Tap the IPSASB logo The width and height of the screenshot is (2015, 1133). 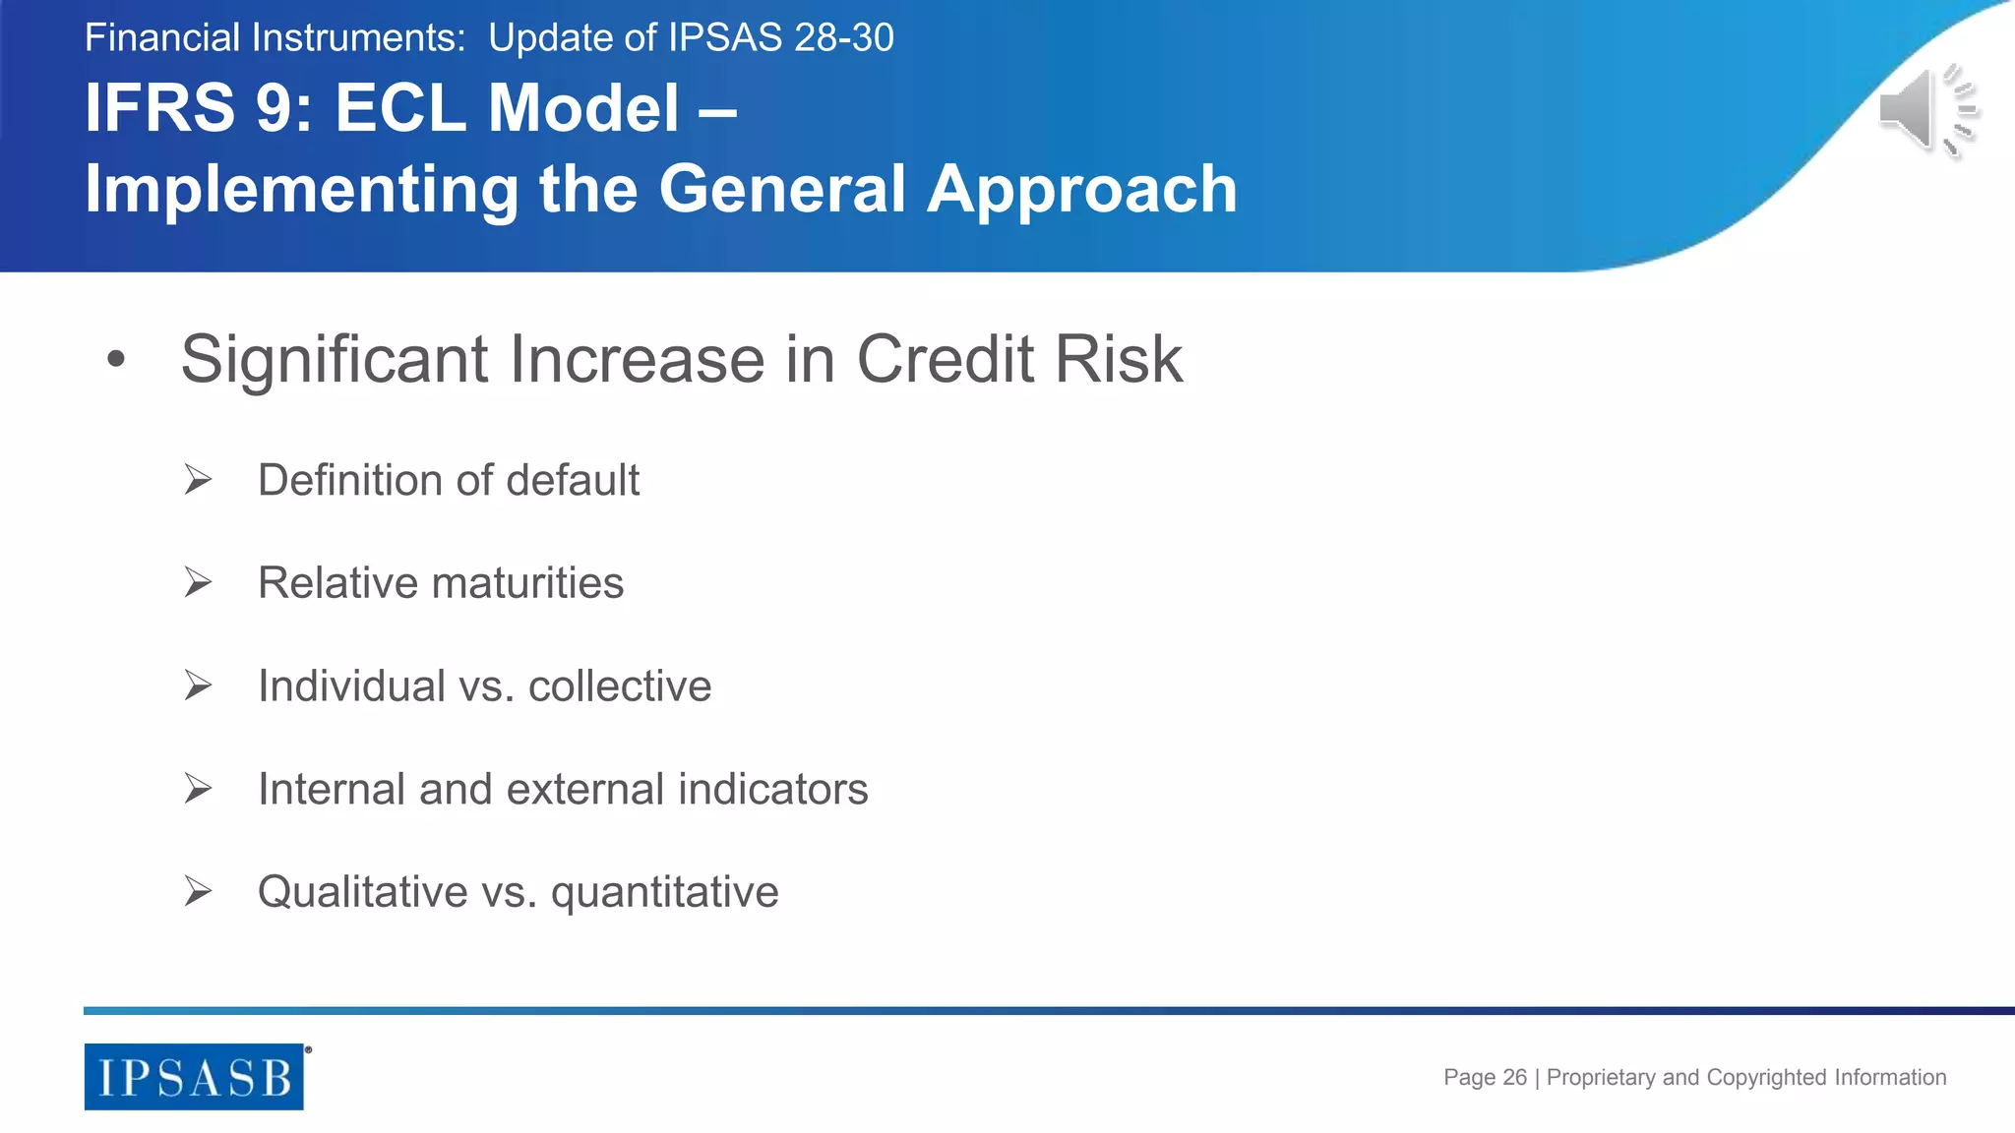194,1077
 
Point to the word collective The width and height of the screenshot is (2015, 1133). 619,686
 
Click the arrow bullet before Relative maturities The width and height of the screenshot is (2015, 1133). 198,583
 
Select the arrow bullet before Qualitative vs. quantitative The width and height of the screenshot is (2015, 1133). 198,892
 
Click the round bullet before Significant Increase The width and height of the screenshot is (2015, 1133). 116,360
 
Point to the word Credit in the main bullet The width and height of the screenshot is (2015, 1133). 945,359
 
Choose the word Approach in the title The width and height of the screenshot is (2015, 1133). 1081,190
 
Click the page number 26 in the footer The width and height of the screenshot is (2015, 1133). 1514,1078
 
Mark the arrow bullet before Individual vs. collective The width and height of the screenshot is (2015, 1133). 198,686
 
